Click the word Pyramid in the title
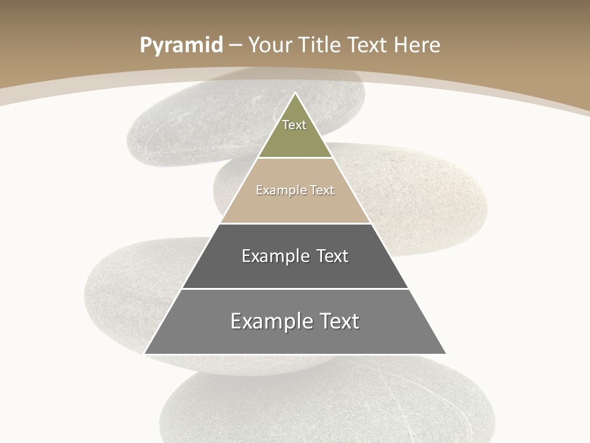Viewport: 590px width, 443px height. [x=181, y=46]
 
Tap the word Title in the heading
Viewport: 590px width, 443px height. [x=320, y=46]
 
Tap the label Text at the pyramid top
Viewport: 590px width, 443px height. [x=294, y=125]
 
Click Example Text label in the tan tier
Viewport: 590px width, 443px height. [x=295, y=190]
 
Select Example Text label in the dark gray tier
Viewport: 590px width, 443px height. [x=295, y=256]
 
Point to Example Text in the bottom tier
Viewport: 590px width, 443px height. [x=295, y=321]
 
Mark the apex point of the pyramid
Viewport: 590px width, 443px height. [x=295, y=93]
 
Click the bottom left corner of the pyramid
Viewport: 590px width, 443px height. [x=145, y=354]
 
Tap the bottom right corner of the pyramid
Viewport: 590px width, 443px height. [x=446, y=354]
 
